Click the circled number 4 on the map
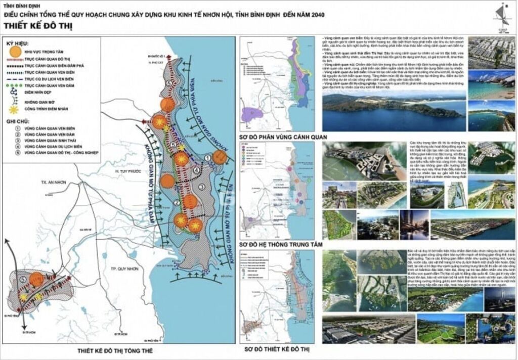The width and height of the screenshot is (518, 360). coord(196,169)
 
